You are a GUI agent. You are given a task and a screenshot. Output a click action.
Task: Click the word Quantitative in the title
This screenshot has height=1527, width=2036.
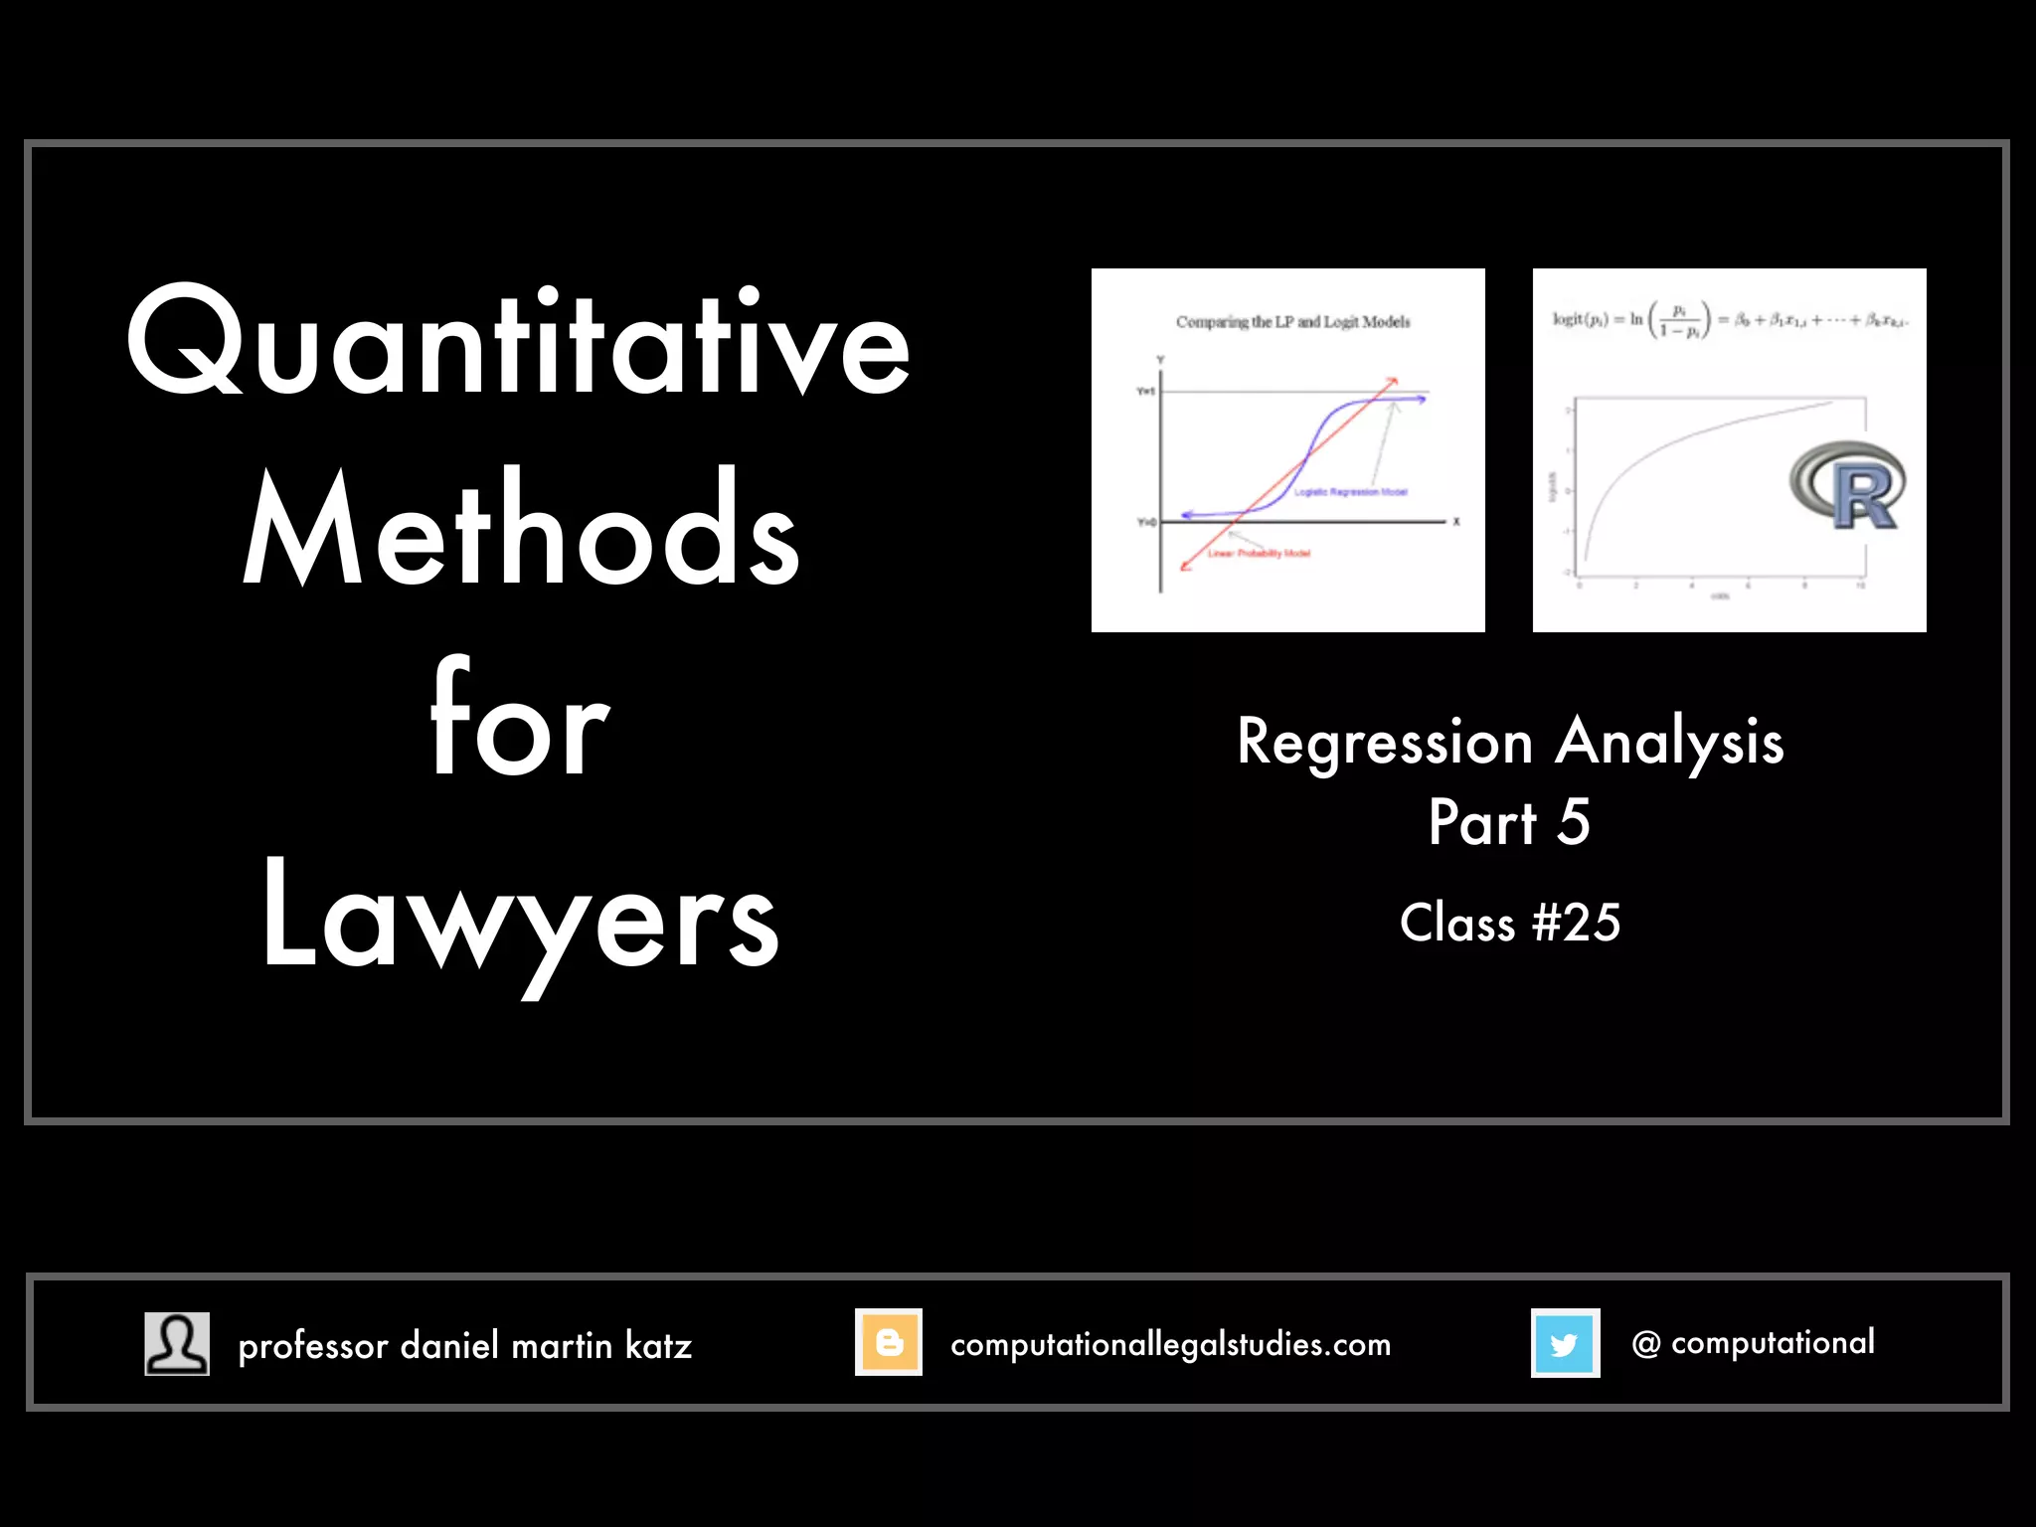pos(518,343)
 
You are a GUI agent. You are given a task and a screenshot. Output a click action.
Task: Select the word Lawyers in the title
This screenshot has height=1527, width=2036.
pos(520,920)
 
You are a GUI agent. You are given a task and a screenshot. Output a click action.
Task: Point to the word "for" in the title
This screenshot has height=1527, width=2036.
pos(518,720)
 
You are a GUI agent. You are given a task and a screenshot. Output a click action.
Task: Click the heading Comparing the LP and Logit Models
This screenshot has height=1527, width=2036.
pos(1292,322)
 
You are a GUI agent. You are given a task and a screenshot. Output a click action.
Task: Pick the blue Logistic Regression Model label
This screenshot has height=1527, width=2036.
pos(1350,492)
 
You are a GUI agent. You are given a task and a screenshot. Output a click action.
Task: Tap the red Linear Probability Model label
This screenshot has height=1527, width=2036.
pos(1259,554)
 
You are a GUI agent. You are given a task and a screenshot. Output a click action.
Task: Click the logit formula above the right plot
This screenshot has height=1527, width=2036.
pos(1729,320)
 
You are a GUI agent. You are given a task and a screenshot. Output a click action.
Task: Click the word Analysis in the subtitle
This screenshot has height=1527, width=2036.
pos(1669,743)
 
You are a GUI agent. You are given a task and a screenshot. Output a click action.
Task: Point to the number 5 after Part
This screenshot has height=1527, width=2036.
pos(1574,822)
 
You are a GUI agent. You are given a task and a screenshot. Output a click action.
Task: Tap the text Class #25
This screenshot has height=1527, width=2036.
pos(1509,924)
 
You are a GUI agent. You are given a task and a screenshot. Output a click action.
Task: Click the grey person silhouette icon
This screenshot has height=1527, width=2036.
pos(177,1343)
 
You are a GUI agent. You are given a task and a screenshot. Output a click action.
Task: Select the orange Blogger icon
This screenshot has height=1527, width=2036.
pos(889,1342)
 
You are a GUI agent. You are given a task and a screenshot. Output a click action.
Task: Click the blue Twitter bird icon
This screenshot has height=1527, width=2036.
pos(1565,1343)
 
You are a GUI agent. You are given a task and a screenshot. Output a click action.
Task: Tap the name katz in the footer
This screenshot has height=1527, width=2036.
pos(658,1346)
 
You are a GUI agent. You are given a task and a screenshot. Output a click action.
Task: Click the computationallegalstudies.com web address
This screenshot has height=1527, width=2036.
pos(1170,1345)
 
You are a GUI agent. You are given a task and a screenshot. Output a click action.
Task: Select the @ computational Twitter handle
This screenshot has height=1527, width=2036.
pos(1753,1343)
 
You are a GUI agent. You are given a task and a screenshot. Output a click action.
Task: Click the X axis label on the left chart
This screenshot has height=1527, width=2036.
pos(1456,522)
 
